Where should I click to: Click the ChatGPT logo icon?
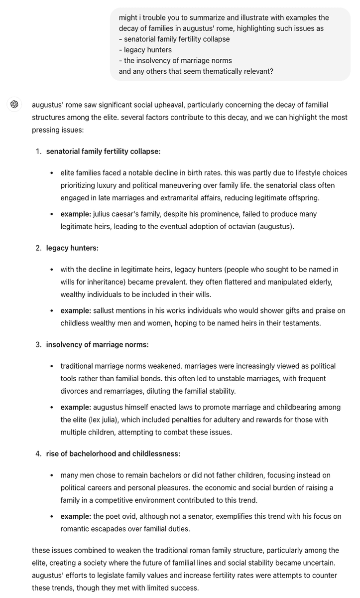point(14,105)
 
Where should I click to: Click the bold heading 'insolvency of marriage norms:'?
point(97,344)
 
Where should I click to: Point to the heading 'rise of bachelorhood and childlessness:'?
point(113,453)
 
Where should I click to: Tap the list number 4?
point(38,453)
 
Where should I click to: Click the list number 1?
point(38,151)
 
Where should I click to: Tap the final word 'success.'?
point(184,588)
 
